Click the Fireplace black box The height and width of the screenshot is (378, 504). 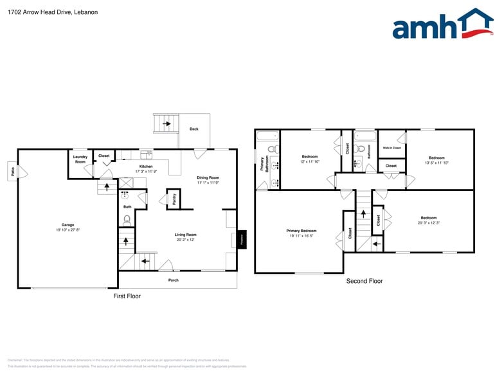tap(242, 239)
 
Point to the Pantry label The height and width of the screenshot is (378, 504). tap(174, 199)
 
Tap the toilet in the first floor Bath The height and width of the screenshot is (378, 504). tap(127, 219)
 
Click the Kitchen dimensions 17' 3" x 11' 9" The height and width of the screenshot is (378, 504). tap(146, 172)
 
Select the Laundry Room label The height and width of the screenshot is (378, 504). tap(80, 159)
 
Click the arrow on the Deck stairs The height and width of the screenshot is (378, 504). tap(166, 123)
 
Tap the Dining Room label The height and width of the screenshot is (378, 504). tap(208, 177)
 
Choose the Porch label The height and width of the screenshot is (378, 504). tap(174, 280)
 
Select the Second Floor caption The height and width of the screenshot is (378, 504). tap(364, 281)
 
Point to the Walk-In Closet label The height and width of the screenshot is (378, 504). tap(392, 148)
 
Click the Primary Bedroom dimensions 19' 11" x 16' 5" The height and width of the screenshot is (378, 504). tap(301, 236)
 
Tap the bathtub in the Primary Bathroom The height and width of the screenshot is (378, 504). tap(267, 135)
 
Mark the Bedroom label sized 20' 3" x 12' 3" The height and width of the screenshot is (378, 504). tap(429, 218)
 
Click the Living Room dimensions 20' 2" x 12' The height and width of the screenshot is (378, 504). tap(185, 240)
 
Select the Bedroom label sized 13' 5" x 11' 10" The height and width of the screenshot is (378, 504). tap(437, 157)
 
